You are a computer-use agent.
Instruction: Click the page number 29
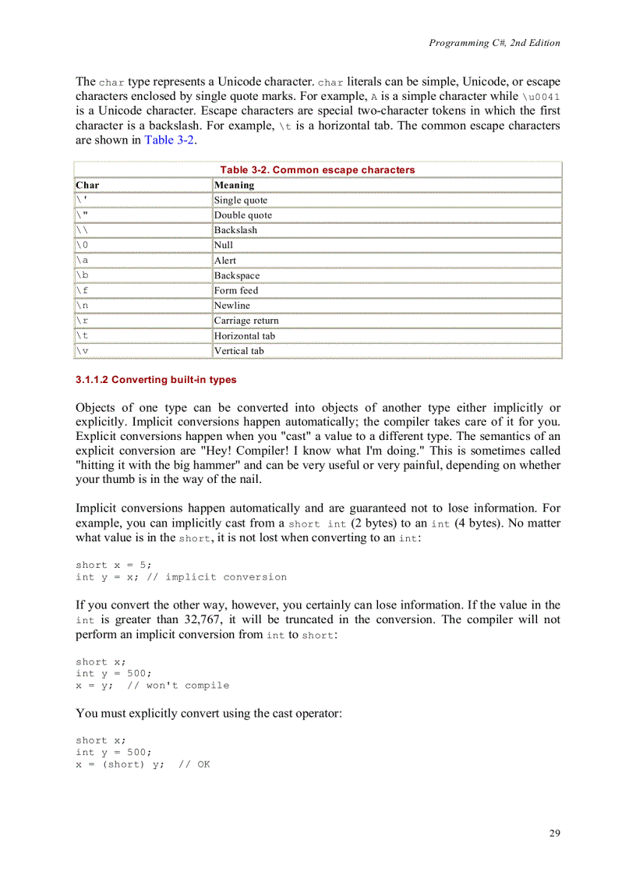(554, 833)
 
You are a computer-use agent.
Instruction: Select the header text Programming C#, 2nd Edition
(494, 43)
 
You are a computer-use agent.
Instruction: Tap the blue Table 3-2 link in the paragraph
(170, 140)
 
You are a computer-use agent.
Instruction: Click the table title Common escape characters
(317, 170)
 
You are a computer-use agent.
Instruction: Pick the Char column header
(87, 185)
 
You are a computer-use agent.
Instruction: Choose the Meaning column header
(234, 185)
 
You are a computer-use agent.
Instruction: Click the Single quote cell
(240, 200)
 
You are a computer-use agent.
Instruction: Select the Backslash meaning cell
(235, 230)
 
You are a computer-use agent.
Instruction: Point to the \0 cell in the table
(82, 245)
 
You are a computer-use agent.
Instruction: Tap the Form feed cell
(236, 290)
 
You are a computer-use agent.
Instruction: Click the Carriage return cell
(246, 321)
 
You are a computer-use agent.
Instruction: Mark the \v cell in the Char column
(82, 351)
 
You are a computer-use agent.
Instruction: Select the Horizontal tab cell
(244, 336)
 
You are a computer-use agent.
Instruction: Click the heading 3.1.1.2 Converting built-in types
(156, 380)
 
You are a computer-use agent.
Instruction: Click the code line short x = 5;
(114, 565)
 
